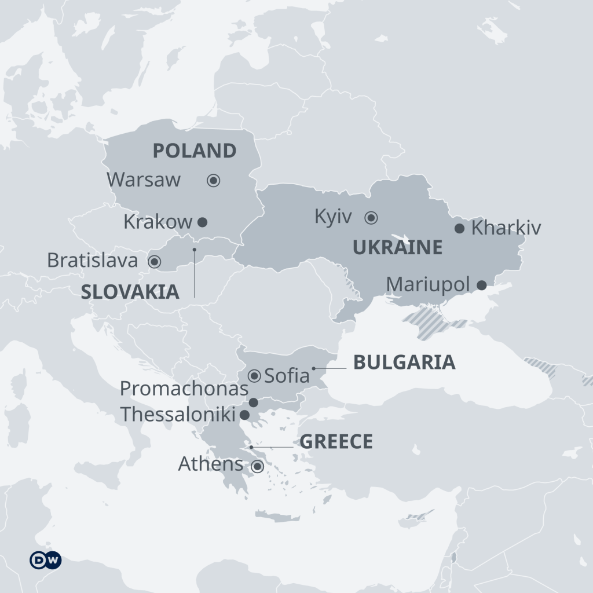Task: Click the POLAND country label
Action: (x=195, y=151)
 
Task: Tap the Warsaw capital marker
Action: (x=213, y=181)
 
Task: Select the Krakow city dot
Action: (x=202, y=221)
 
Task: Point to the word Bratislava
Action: (x=93, y=261)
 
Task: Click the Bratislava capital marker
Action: (x=154, y=261)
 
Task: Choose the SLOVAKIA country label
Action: (x=130, y=292)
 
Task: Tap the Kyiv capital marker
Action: (x=371, y=218)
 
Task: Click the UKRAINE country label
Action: (x=397, y=248)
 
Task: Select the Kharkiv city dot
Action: (x=459, y=228)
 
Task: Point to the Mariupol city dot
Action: (x=481, y=285)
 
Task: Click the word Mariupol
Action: (x=428, y=285)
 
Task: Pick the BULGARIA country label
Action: (x=404, y=363)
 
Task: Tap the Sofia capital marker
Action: (x=254, y=376)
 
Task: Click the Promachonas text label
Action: (x=184, y=389)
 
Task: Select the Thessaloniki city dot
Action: (x=244, y=415)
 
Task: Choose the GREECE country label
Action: (x=336, y=442)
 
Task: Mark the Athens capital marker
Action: (x=257, y=466)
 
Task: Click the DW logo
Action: (x=46, y=560)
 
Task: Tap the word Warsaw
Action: (x=144, y=180)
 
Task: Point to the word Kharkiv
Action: (x=506, y=228)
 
